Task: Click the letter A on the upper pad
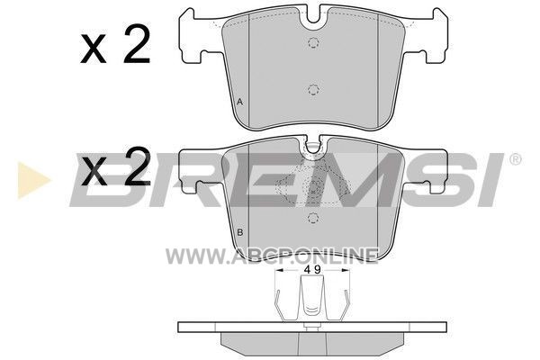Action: pos(240,102)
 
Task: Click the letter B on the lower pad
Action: pos(240,232)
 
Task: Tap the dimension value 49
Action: pos(312,270)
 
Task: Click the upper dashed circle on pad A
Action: pos(313,42)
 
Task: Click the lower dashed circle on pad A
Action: pos(313,90)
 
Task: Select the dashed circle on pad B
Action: pos(313,218)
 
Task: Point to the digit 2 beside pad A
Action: pos(137,44)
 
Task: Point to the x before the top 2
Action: pos(93,49)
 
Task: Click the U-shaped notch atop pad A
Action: pos(313,15)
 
